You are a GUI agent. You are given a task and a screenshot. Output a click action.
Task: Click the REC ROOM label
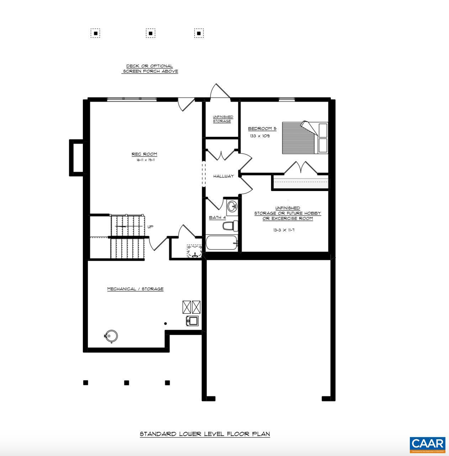click(x=144, y=154)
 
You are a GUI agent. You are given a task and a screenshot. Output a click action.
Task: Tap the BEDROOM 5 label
click(x=262, y=128)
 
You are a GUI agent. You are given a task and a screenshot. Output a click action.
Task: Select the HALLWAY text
click(x=223, y=176)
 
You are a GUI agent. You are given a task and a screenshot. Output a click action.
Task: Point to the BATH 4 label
click(x=217, y=217)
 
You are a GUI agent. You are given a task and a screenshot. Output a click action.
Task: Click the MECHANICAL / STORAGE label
click(x=135, y=289)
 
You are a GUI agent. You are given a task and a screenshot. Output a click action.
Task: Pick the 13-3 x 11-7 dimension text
click(x=284, y=230)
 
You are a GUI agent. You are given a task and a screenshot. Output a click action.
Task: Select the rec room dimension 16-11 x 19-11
click(x=145, y=160)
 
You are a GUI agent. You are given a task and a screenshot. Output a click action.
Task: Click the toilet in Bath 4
click(x=230, y=226)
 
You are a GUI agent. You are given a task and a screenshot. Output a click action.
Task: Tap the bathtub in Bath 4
click(x=221, y=243)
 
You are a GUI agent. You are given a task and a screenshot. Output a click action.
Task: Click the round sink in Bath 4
click(x=232, y=206)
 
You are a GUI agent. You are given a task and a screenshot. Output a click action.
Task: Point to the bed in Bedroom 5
click(x=305, y=138)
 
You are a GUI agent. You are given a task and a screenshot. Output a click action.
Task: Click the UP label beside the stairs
click(x=150, y=227)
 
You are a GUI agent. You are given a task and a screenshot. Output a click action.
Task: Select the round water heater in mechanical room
click(x=111, y=336)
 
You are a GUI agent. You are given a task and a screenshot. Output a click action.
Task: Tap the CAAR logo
click(x=427, y=444)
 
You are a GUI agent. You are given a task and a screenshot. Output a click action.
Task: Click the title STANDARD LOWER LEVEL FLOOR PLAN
click(x=205, y=434)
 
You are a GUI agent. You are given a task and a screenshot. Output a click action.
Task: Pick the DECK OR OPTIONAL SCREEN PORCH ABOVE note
click(x=150, y=69)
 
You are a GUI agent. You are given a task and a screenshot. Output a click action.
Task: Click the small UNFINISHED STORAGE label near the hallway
click(x=223, y=119)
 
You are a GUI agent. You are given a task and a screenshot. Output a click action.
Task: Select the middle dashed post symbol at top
click(x=150, y=33)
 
